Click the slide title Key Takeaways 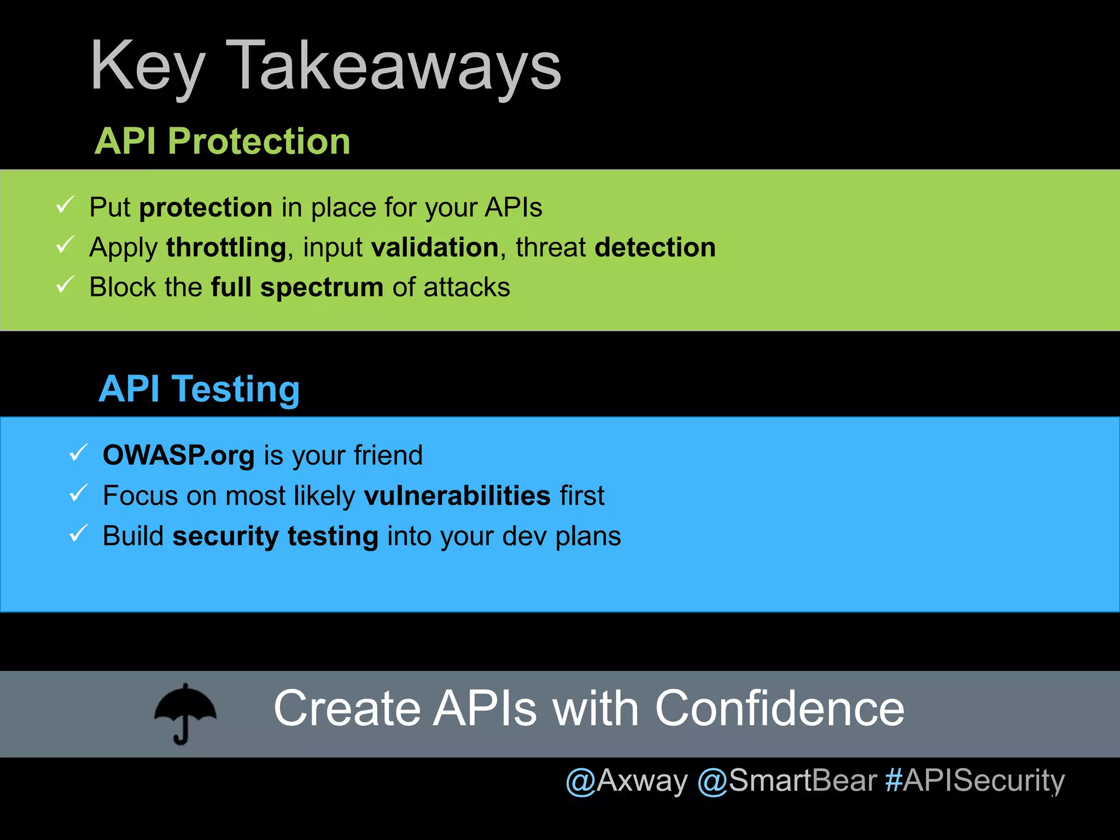pos(325,67)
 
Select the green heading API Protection pos(222,141)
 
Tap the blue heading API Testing pos(199,389)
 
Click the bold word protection pos(206,208)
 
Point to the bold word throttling pos(226,248)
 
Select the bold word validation pos(435,248)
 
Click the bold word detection pos(655,248)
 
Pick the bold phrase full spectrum pos(297,288)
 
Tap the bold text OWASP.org pos(179,456)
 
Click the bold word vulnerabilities pos(457,496)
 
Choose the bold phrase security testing pos(275,536)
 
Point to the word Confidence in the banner pos(779,709)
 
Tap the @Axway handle pos(627,781)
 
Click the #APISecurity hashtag pos(975,781)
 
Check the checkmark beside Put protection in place pos(65,206)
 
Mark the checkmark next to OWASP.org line pos(78,453)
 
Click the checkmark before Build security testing pos(78,534)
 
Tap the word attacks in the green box pos(466,288)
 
